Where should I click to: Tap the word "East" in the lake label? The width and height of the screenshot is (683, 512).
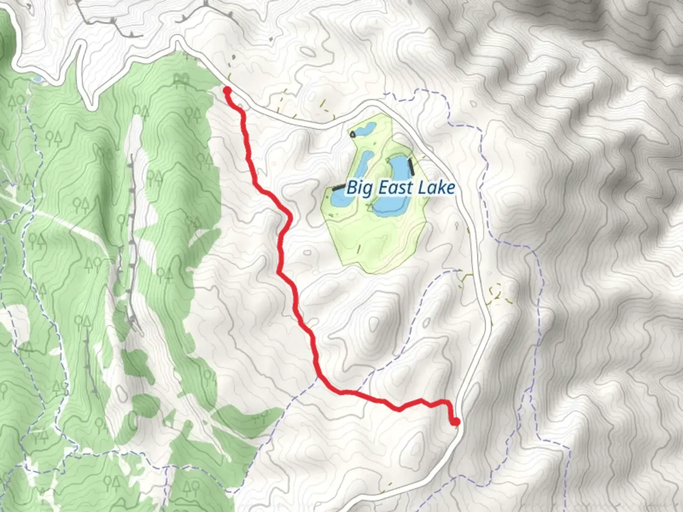394,188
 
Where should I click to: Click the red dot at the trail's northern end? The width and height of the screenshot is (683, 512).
227,90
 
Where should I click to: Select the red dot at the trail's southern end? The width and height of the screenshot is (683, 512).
456,421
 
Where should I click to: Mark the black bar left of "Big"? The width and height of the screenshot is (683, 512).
338,188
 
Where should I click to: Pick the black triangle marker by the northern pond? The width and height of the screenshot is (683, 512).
352,134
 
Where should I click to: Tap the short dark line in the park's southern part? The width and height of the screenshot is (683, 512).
359,248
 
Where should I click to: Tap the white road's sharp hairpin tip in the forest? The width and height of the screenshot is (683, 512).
88,102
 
